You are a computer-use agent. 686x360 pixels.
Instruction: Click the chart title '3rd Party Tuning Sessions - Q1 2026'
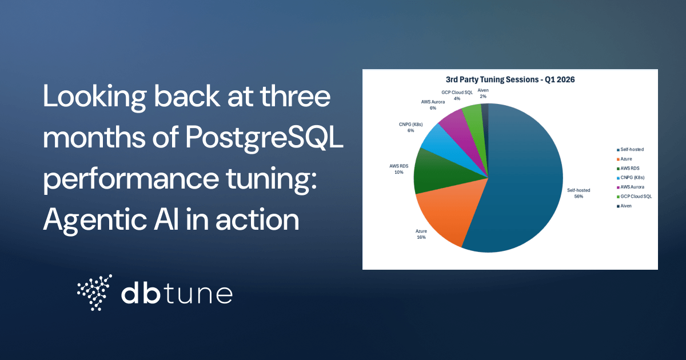point(510,80)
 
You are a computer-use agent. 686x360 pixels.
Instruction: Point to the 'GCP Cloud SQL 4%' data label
point(457,95)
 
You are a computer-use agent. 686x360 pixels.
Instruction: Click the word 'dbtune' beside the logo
point(177,294)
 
